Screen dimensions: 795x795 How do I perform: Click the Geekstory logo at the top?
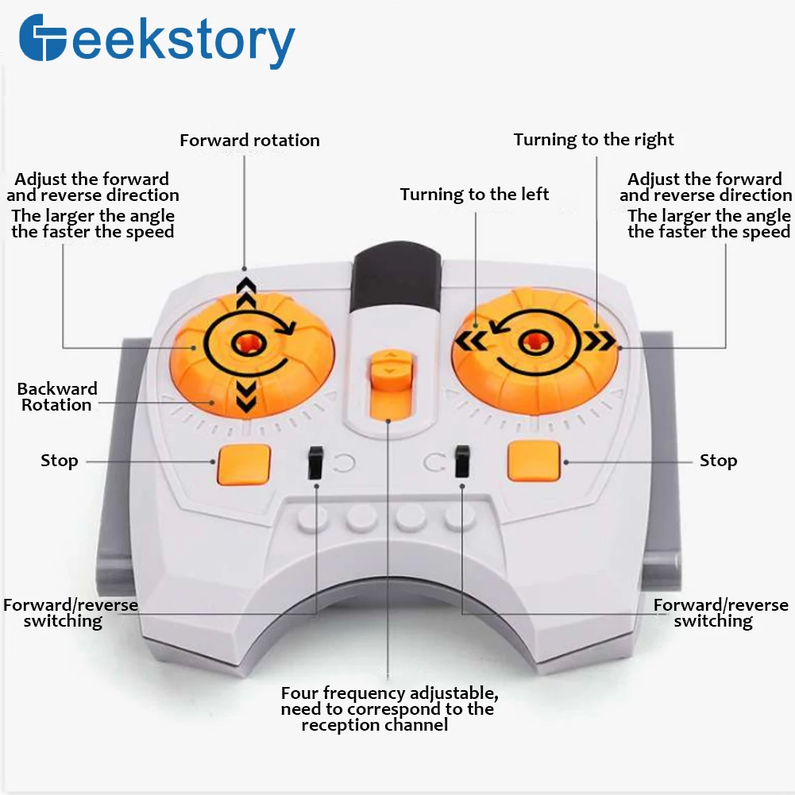(x=156, y=41)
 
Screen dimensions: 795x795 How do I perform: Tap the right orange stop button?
(x=534, y=461)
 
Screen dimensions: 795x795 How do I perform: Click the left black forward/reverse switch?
(x=315, y=461)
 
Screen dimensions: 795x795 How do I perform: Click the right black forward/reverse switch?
(x=461, y=461)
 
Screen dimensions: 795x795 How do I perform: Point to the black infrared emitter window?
(x=394, y=282)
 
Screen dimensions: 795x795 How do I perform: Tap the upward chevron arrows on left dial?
(x=246, y=295)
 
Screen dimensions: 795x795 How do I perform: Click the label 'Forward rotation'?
(x=249, y=141)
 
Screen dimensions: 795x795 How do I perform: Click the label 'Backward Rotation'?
(x=57, y=396)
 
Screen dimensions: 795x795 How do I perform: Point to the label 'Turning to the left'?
(x=474, y=195)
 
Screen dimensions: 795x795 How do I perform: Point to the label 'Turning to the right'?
(x=593, y=140)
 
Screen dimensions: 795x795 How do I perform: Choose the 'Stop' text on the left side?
(x=60, y=461)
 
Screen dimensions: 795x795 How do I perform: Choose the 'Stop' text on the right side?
(x=718, y=461)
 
